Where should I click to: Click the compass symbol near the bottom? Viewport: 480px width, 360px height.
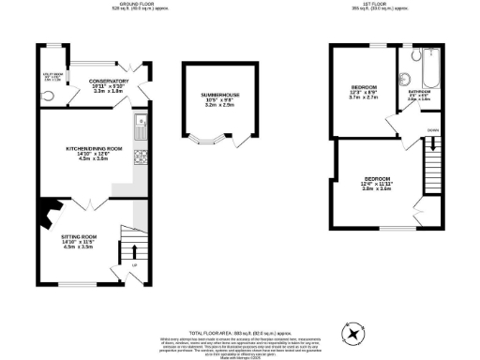point(355,333)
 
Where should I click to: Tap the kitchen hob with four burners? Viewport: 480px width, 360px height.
point(140,155)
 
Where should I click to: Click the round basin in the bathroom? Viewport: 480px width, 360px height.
point(406,80)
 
